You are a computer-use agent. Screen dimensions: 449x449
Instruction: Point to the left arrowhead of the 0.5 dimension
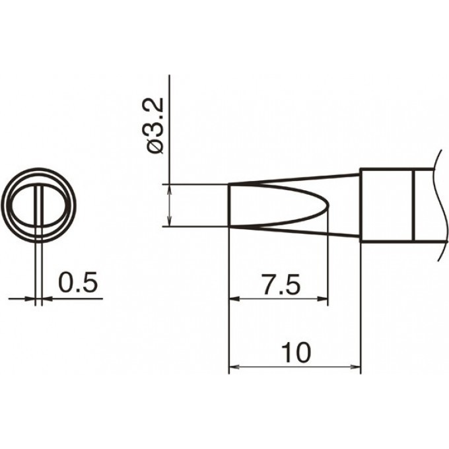[30, 299]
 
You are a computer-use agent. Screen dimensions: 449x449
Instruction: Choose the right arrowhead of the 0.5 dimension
[47, 299]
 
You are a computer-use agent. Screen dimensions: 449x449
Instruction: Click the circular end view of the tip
[40, 205]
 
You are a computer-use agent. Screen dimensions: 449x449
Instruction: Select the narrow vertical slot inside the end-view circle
[40, 205]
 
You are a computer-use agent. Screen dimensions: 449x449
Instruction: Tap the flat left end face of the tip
[229, 205]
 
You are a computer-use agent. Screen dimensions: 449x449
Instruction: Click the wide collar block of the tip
[386, 205]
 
